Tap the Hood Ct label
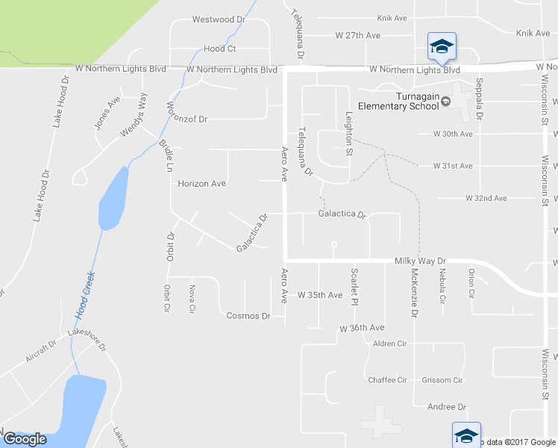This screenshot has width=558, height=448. [x=219, y=49]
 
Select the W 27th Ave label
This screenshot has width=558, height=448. [x=358, y=35]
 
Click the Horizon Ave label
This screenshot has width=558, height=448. [x=201, y=183]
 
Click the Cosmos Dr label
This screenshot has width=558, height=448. [x=248, y=316]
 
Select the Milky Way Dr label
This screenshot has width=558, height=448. [x=419, y=261]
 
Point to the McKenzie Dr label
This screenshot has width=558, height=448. [x=413, y=293]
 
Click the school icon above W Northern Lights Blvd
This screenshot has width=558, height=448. [x=442, y=46]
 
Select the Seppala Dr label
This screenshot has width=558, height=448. [x=480, y=99]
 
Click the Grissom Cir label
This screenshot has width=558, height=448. [x=442, y=380]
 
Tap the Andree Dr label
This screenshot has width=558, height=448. [x=446, y=407]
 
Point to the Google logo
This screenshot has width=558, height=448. [x=26, y=439]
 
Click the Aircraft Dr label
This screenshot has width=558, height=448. [x=41, y=352]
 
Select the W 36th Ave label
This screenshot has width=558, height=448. [x=362, y=328]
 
